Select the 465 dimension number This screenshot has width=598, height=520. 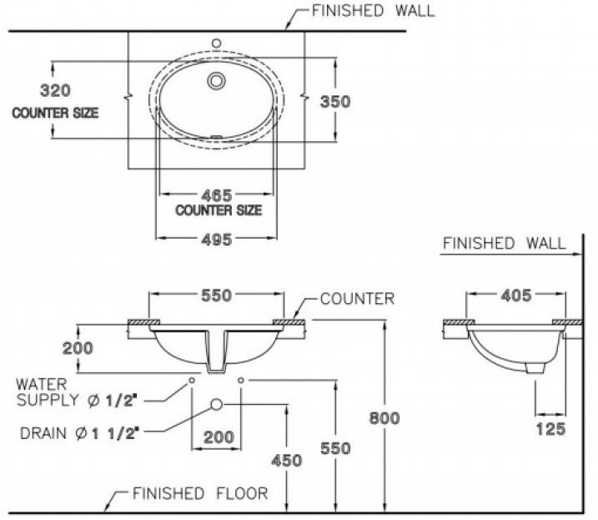coord(217,194)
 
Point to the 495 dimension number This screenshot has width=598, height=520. coord(217,238)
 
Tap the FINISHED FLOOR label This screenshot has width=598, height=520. coord(200,493)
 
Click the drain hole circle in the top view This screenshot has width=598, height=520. coord(217,81)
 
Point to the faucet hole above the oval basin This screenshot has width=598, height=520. coord(216,41)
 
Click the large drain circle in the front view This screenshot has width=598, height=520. coord(217,403)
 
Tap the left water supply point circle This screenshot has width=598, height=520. coord(192,380)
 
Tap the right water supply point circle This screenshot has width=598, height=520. coord(242,380)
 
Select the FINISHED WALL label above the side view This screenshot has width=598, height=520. coord(503,244)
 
